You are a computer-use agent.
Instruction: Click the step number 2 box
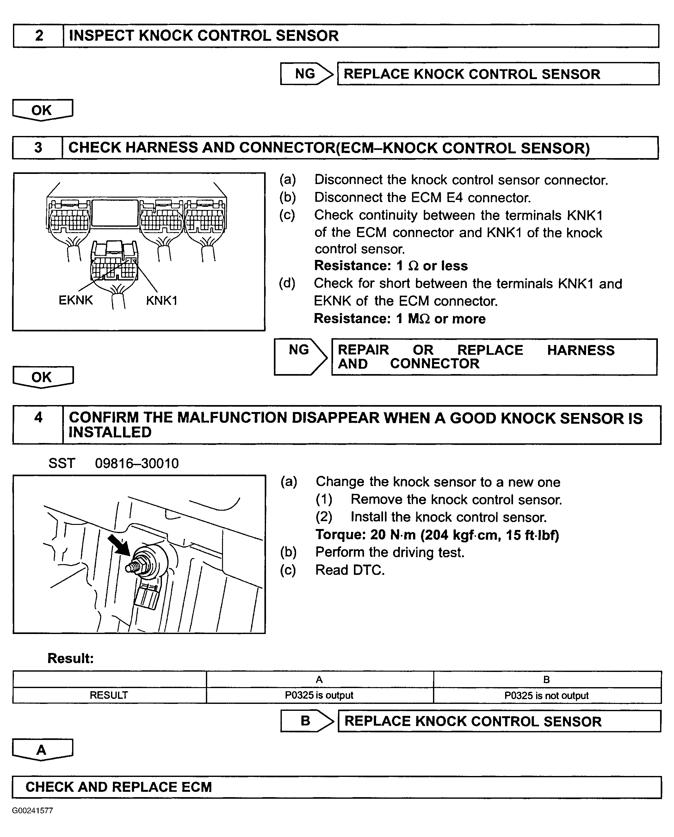(x=39, y=36)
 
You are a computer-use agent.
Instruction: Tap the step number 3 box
(x=38, y=148)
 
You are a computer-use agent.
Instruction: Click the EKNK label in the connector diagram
(x=76, y=300)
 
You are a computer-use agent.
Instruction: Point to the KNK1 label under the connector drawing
(x=162, y=300)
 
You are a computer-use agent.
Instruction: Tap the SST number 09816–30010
(x=137, y=464)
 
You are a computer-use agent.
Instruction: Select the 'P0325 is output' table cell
(x=319, y=695)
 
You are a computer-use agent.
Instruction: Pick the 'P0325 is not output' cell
(x=546, y=695)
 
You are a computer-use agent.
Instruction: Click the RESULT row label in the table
(x=109, y=695)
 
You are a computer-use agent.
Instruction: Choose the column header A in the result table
(x=319, y=680)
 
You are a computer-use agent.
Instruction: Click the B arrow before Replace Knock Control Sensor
(x=307, y=721)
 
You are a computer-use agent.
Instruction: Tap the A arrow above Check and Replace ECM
(x=42, y=750)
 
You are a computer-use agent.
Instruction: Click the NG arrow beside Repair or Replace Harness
(x=300, y=356)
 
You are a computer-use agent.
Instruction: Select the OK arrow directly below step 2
(x=42, y=110)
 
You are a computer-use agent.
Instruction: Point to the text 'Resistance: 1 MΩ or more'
(x=399, y=319)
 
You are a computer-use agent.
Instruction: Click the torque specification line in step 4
(x=437, y=535)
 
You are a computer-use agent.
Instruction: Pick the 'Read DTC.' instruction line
(x=349, y=570)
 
